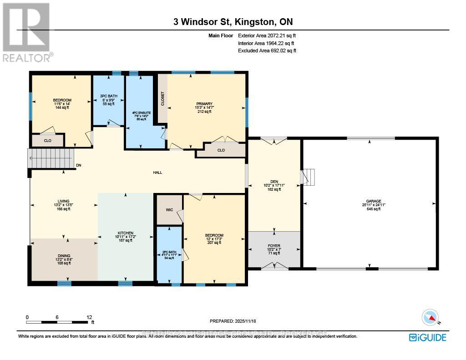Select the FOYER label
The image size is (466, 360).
click(274, 245)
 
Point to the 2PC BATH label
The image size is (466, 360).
click(169, 252)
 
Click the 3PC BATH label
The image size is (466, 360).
click(108, 96)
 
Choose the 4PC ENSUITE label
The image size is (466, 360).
click(140, 113)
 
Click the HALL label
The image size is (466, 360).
click(157, 172)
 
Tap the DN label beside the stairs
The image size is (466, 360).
click(79, 165)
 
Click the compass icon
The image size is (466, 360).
click(431, 317)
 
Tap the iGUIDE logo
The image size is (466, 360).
click(427, 337)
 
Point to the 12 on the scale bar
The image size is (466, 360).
click(89, 317)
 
